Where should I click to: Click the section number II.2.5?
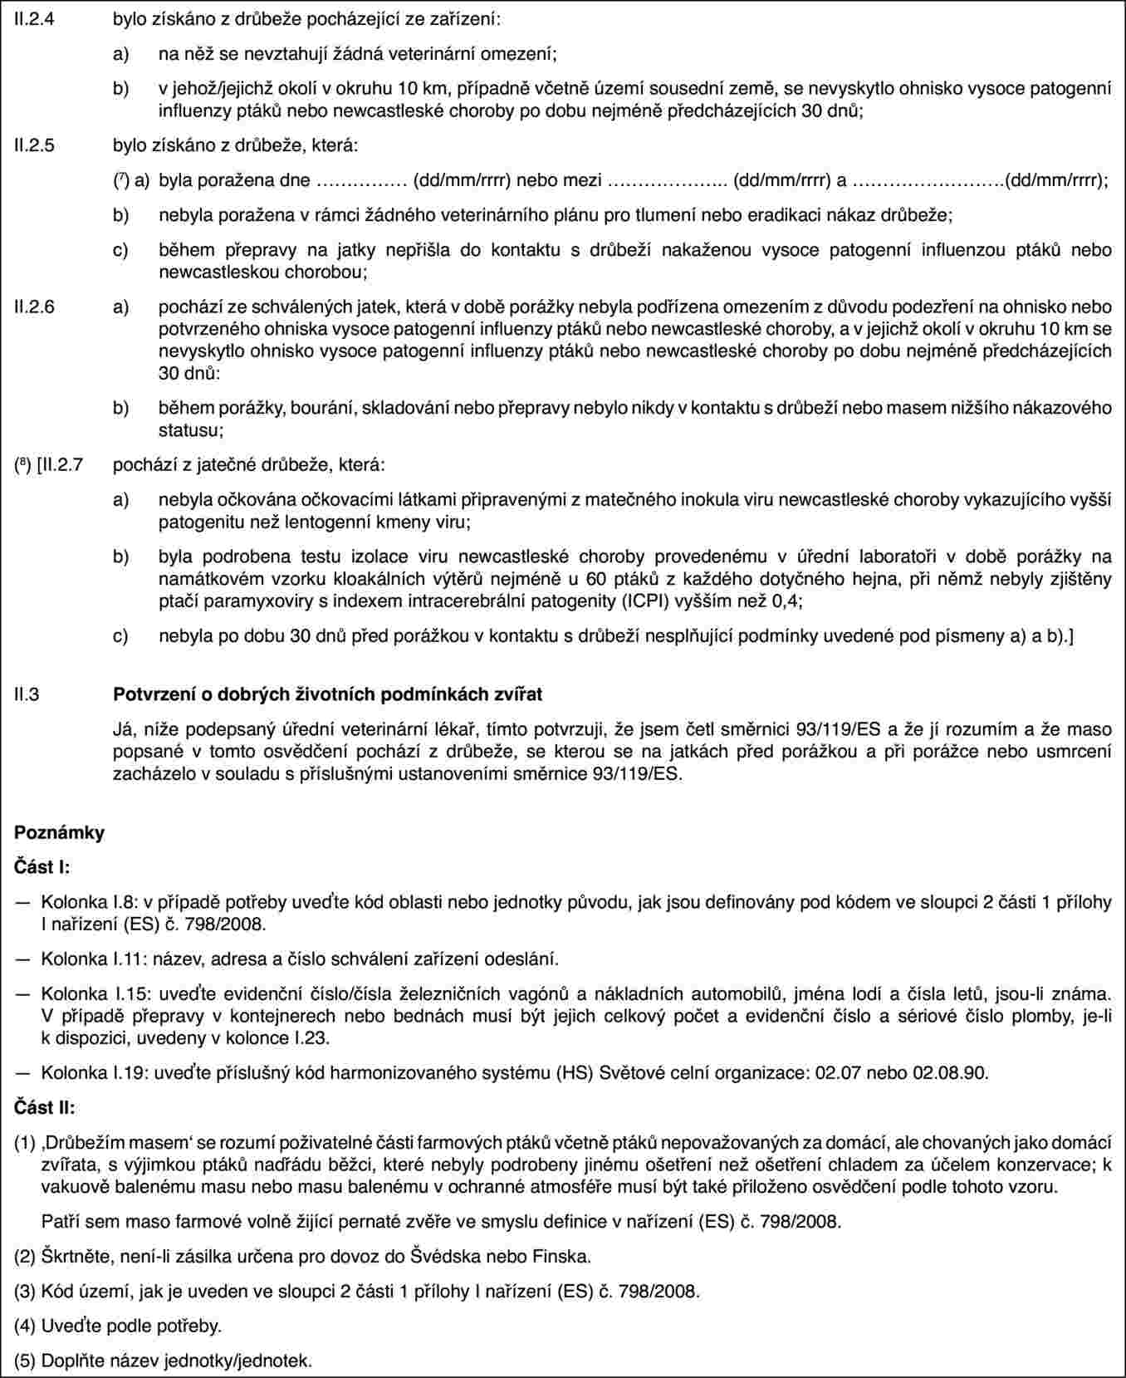pos(37,146)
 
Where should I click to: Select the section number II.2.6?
pos(37,307)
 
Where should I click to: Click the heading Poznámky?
pos(60,833)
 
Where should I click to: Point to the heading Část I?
pos(42,868)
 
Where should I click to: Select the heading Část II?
pos(45,1108)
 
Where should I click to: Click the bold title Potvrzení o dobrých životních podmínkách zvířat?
pos(327,694)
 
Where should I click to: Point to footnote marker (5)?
pos(26,1361)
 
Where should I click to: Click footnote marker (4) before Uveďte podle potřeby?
pos(26,1326)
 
